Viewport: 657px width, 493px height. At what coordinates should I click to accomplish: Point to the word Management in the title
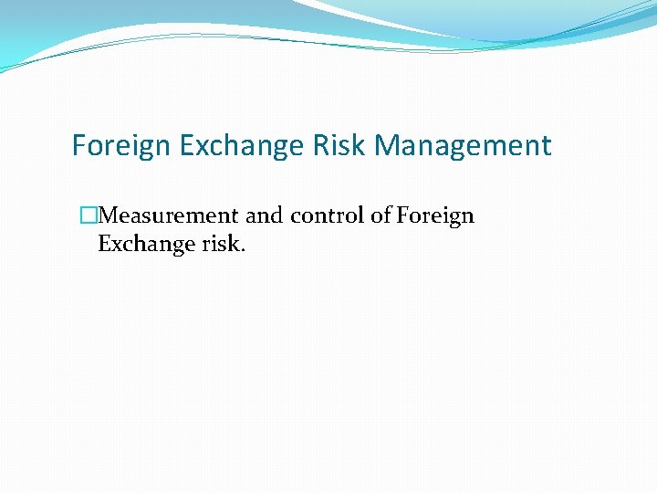pyautogui.click(x=463, y=146)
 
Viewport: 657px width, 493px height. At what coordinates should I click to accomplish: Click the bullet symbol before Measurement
pyautogui.click(x=88, y=216)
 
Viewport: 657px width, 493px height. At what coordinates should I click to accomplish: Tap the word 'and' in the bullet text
pyautogui.click(x=265, y=216)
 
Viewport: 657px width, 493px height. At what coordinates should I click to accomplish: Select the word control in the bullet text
pyautogui.click(x=321, y=216)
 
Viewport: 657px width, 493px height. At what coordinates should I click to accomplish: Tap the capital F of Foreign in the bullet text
pyautogui.click(x=401, y=215)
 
